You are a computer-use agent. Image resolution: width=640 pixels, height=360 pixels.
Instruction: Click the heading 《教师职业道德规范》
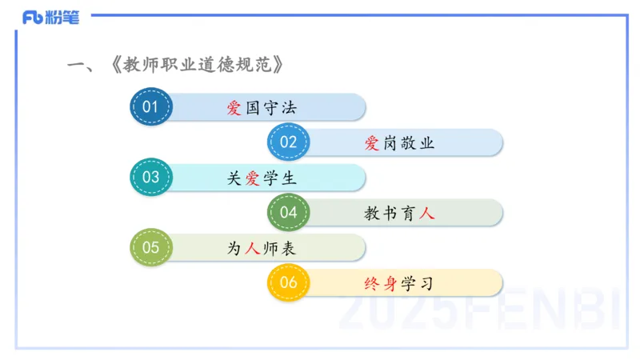click(199, 65)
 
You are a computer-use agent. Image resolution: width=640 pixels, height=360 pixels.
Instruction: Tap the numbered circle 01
click(150, 106)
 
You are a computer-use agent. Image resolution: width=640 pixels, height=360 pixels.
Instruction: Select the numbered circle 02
click(288, 142)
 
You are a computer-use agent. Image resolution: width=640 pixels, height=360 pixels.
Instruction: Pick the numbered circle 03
click(150, 178)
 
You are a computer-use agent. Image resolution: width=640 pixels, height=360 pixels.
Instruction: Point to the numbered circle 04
click(288, 213)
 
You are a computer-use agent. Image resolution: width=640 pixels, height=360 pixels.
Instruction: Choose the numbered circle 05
click(150, 248)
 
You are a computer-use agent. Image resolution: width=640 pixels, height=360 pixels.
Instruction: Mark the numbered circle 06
click(288, 283)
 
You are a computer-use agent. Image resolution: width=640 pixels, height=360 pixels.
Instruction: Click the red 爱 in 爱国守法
click(234, 108)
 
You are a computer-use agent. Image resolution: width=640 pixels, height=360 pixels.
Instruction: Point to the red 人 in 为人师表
click(252, 249)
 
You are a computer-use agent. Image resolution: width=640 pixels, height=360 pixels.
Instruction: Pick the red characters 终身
click(380, 284)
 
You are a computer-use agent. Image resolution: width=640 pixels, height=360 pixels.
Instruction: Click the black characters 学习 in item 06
click(418, 284)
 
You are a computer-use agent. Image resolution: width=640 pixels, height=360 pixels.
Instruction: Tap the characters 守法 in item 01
click(279, 108)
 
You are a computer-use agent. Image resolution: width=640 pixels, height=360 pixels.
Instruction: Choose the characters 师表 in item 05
click(279, 249)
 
